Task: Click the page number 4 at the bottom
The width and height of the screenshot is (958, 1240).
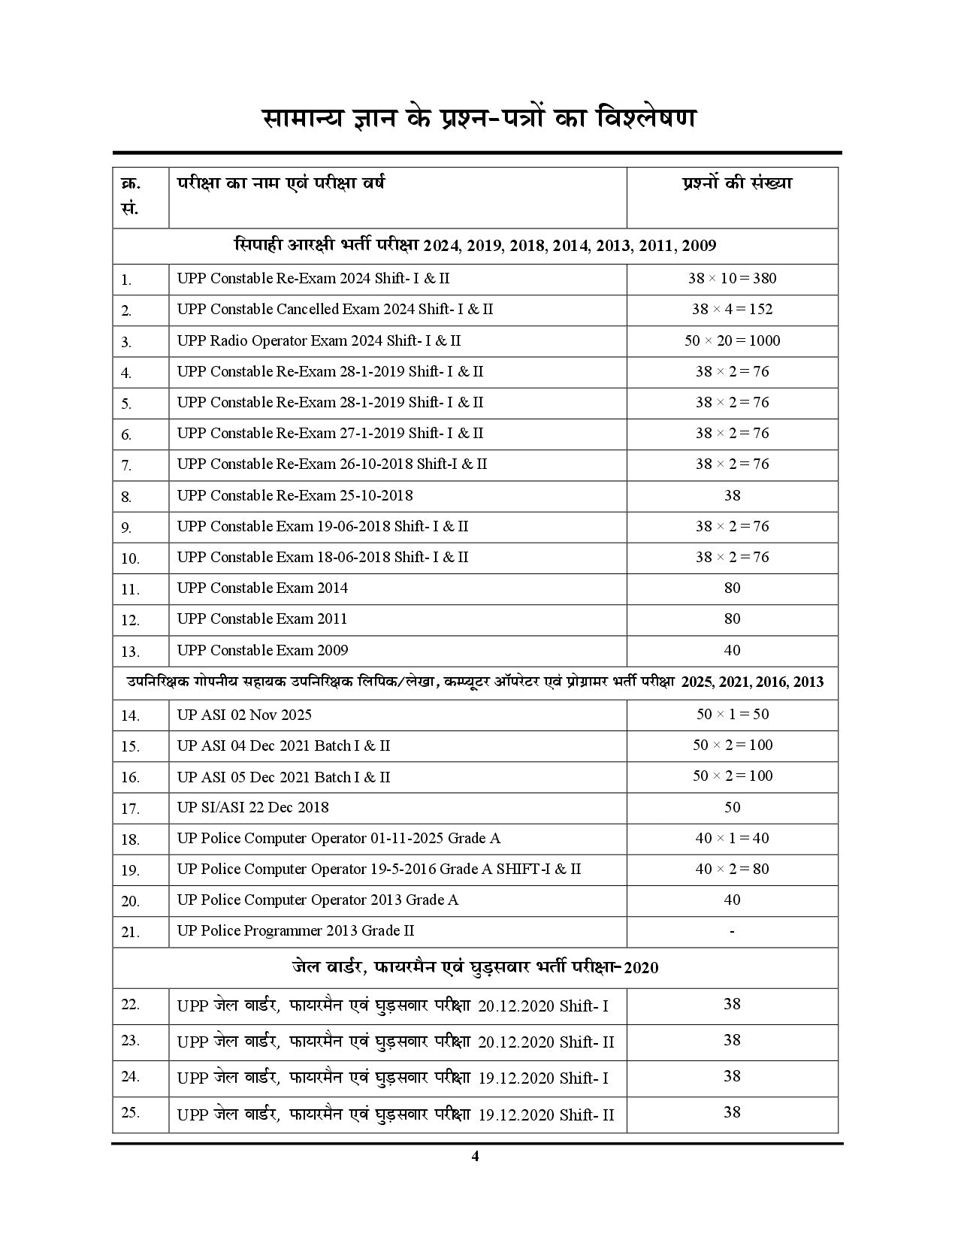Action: [474, 1156]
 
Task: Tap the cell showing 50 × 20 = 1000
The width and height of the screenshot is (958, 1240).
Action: [732, 340]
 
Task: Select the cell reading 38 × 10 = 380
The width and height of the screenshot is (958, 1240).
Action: [732, 278]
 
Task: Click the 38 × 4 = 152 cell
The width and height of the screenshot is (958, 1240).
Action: [732, 309]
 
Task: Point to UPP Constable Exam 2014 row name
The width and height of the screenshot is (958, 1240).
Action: [262, 588]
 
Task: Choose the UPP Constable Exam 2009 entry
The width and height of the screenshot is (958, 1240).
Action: [262, 650]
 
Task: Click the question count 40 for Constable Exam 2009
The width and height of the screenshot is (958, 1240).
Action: [732, 650]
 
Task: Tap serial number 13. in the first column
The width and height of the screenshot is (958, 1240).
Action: [131, 652]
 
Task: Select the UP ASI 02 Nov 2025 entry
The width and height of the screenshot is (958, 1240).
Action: [244, 715]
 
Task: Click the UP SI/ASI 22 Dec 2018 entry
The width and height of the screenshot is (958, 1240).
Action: [252, 807]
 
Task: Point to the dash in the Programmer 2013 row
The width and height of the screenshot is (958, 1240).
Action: [732, 931]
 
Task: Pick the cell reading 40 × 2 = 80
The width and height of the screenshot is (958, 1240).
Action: [732, 869]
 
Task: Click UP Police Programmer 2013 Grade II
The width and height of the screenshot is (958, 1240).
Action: [295, 930]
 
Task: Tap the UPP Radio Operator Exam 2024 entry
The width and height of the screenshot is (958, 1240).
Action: [319, 340]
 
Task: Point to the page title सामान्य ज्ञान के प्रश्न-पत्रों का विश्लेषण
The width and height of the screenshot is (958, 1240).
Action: [478, 118]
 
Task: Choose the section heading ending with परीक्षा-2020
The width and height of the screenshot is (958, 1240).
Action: [475, 967]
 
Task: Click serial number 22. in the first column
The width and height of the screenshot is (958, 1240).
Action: [131, 1004]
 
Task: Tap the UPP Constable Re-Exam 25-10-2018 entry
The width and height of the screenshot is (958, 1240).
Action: [295, 495]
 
